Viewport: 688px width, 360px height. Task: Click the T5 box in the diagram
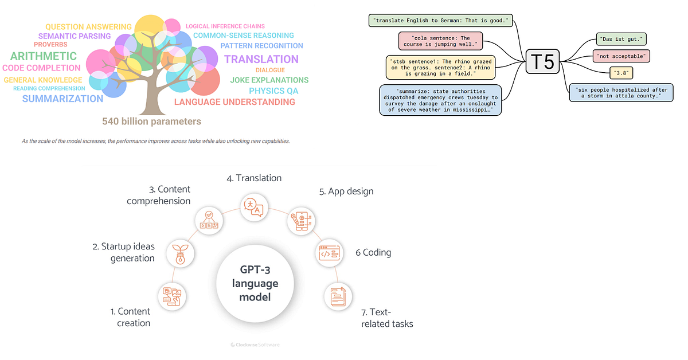[x=542, y=61]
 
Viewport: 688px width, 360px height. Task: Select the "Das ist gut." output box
[x=621, y=40]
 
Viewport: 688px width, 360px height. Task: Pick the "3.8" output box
[x=621, y=73]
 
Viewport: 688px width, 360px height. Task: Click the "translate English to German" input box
[x=440, y=21]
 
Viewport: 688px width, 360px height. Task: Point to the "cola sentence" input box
[x=440, y=41]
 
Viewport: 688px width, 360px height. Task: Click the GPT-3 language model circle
[x=255, y=283]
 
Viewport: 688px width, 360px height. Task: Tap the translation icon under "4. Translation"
[x=254, y=207]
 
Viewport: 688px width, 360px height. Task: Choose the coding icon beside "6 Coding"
[x=329, y=252]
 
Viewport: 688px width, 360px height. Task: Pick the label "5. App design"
[x=346, y=191]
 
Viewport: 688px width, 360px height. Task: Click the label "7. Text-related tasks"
[x=387, y=318]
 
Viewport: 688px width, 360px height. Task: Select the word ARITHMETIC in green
[x=43, y=56]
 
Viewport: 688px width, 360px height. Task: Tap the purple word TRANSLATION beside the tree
[x=261, y=59]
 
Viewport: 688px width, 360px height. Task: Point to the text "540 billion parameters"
[x=151, y=122]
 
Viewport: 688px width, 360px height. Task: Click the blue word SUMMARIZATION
[x=62, y=99]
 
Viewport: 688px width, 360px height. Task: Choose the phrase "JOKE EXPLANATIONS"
[x=269, y=80]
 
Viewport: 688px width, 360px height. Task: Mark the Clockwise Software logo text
[x=255, y=345]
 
